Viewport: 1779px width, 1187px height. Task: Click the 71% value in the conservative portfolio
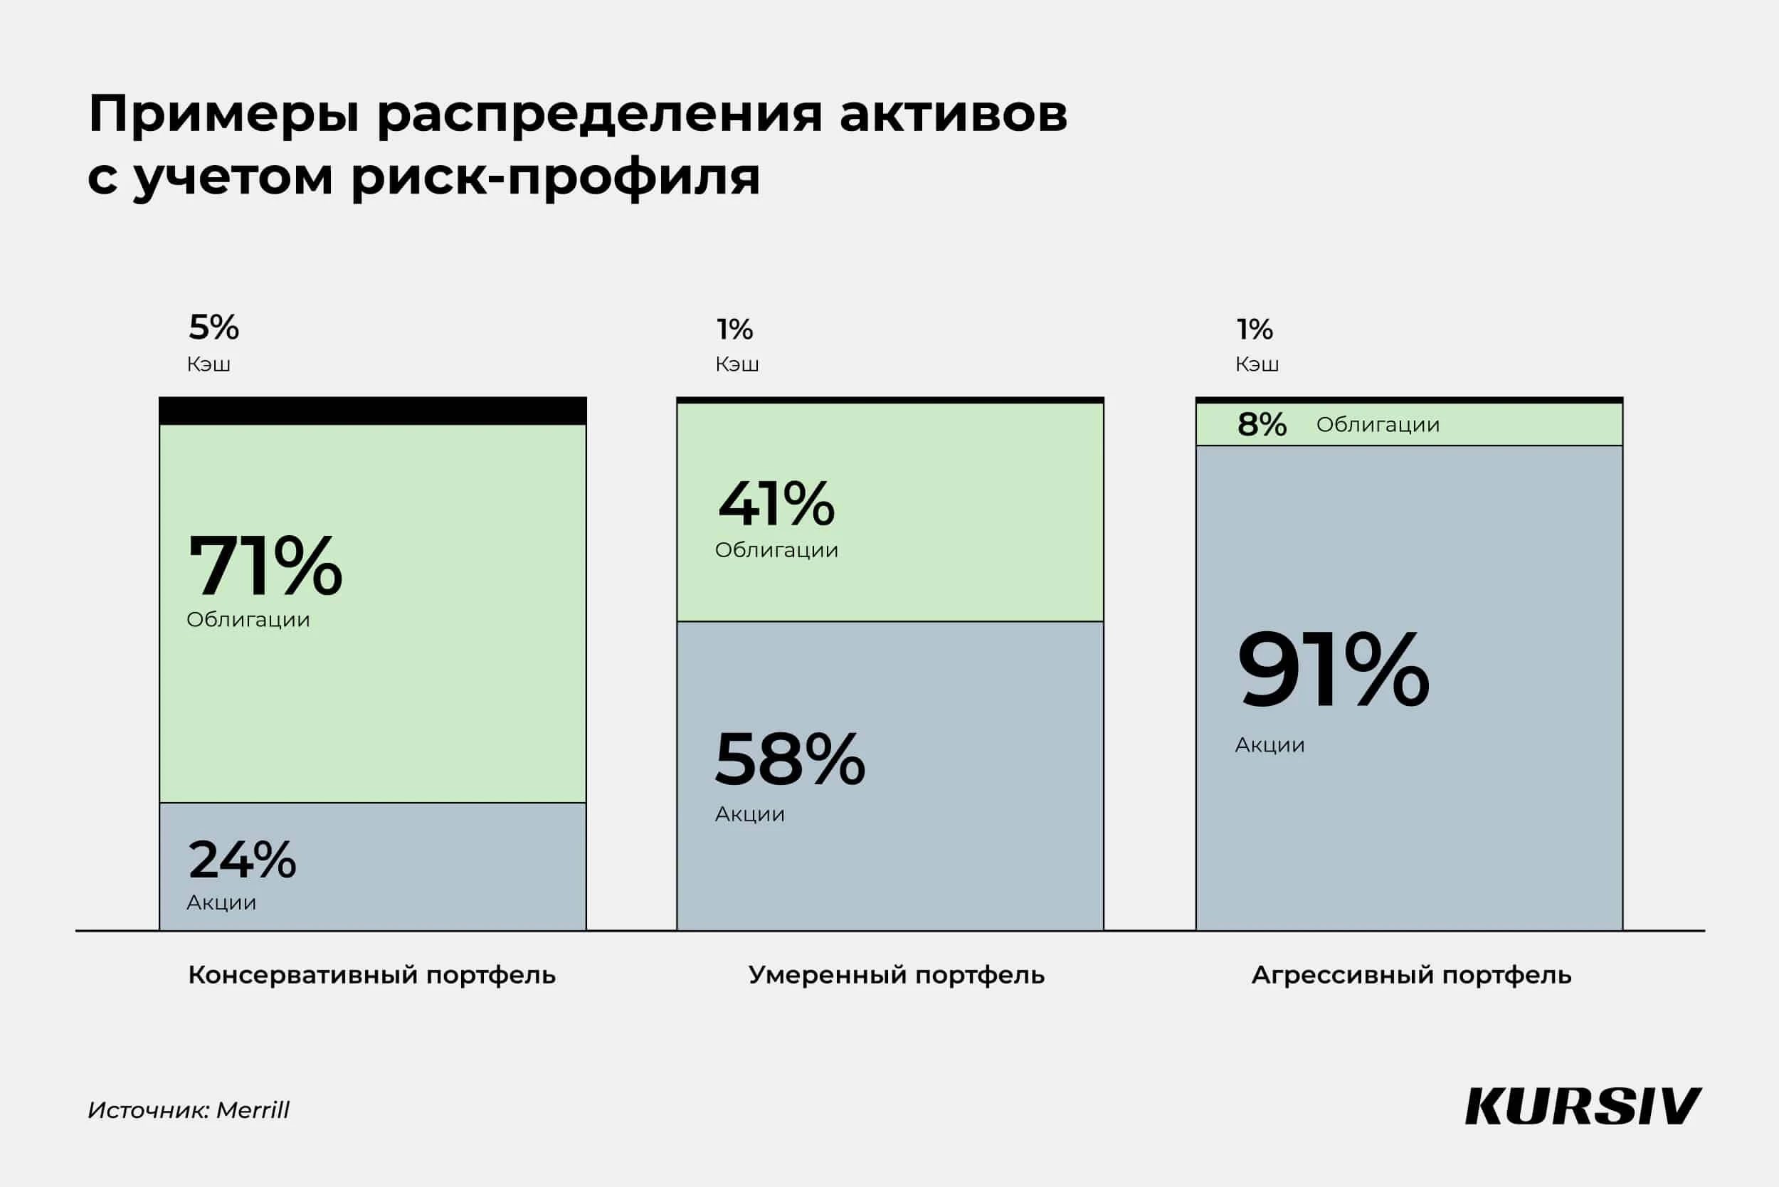point(265,566)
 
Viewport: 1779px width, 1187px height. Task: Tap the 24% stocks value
point(241,860)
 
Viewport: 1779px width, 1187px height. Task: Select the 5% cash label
point(213,328)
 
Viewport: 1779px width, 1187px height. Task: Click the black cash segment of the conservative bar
point(372,411)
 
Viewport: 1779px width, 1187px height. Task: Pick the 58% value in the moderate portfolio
point(789,759)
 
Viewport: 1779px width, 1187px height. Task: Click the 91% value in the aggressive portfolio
point(1332,670)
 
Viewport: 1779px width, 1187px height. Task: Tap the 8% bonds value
point(1261,425)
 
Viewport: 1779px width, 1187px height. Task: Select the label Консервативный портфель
point(371,975)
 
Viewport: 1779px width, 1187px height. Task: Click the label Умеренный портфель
point(897,975)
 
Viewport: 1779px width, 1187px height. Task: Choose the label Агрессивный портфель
point(1411,975)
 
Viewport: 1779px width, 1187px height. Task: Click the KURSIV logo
point(1582,1107)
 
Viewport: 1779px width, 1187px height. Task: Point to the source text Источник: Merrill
point(189,1109)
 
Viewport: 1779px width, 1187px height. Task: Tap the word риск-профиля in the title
point(555,178)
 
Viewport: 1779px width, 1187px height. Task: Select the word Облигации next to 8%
point(1378,425)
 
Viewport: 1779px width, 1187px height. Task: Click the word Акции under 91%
point(1269,746)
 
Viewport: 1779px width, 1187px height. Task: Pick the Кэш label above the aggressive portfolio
point(1257,364)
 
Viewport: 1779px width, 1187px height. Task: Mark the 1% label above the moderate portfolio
point(734,329)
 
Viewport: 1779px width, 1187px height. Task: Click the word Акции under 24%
point(221,902)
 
